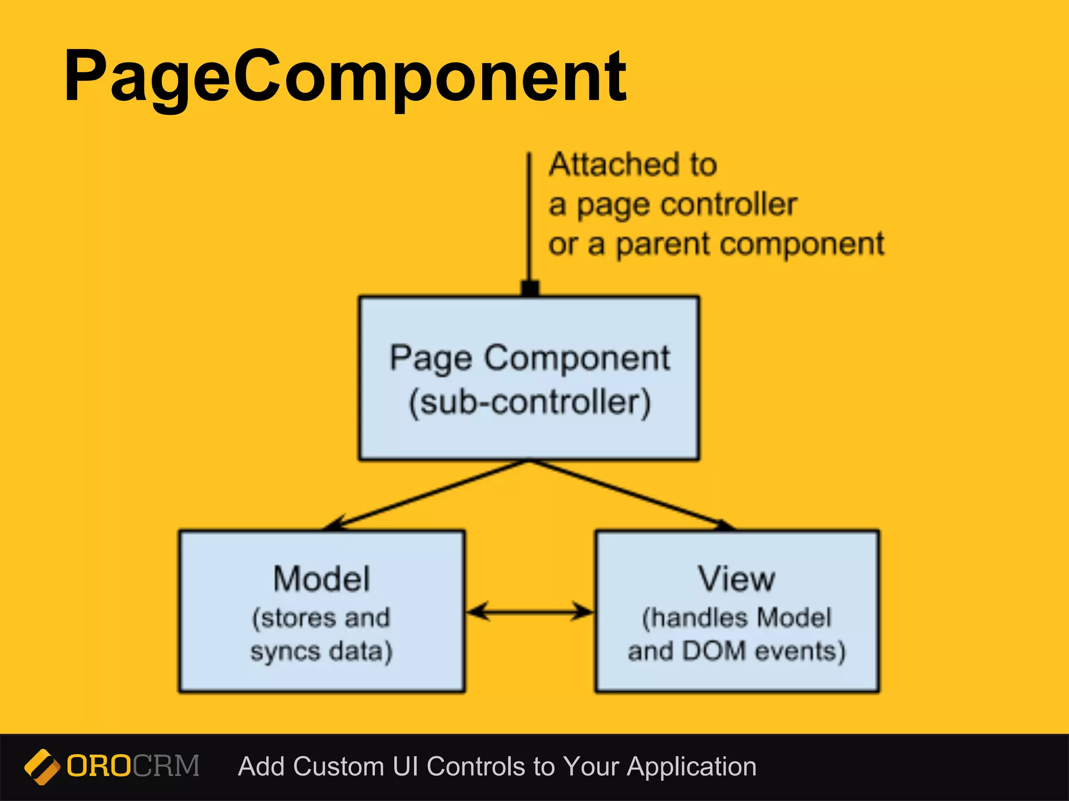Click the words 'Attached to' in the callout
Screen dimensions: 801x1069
tap(633, 165)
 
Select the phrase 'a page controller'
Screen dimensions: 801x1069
tap(672, 204)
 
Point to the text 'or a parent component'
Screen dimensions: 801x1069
tap(716, 244)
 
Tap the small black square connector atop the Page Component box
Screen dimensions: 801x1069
tap(530, 288)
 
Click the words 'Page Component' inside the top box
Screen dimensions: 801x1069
tap(529, 359)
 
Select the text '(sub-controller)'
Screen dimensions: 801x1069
tap(529, 403)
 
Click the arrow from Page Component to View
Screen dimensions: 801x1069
tap(632, 496)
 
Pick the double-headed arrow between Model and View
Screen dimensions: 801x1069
tap(530, 611)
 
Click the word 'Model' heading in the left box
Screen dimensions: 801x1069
tap(322, 579)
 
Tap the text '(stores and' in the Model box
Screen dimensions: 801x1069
tap(321, 618)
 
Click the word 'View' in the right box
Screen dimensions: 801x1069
tap(737, 579)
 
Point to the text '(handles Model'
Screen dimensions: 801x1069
tap(737, 618)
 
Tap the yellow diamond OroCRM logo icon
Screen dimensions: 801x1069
tap(42, 767)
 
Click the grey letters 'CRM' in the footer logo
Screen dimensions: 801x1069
tap(166, 766)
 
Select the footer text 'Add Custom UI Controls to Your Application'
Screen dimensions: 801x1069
tap(497, 767)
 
